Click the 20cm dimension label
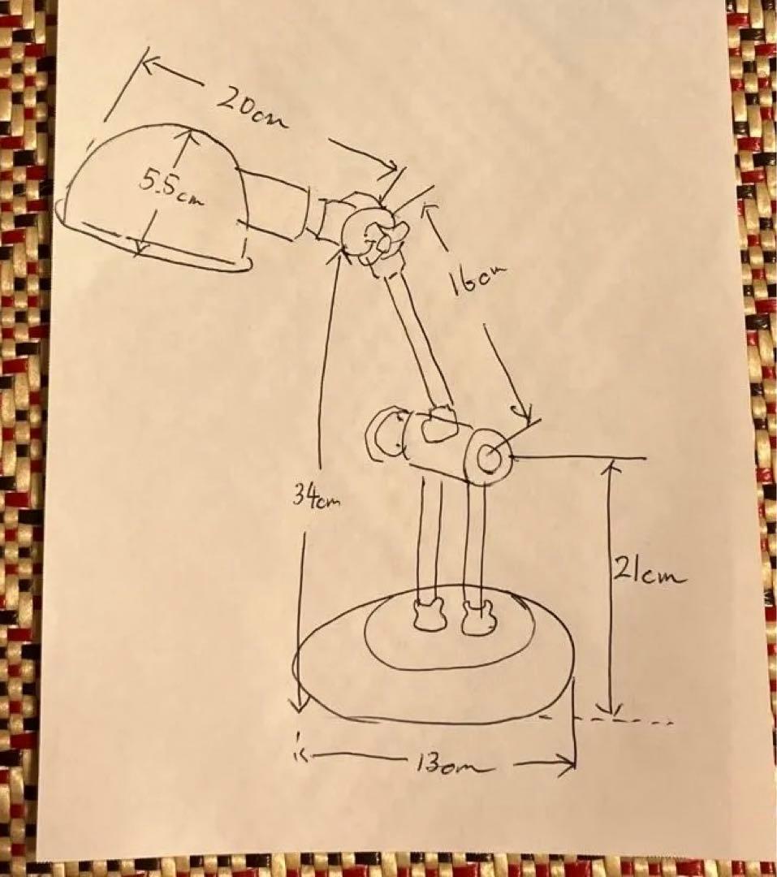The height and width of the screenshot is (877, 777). pyautogui.click(x=253, y=109)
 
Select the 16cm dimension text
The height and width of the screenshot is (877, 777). pyautogui.click(x=477, y=279)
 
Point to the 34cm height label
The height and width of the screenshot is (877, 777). pyautogui.click(x=316, y=497)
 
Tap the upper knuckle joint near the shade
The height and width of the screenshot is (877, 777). pyautogui.click(x=373, y=235)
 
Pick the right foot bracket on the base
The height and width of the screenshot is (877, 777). pyautogui.click(x=478, y=617)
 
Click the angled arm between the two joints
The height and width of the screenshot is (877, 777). pyautogui.click(x=417, y=341)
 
